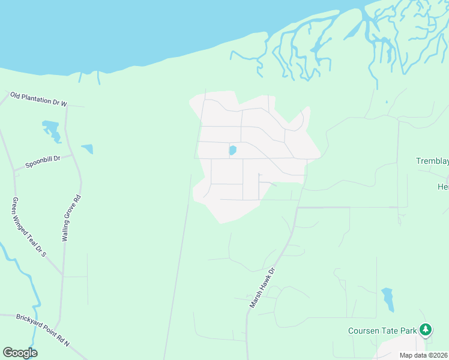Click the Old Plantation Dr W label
coord(38,99)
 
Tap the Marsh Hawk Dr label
coord(262,289)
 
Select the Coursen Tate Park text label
coord(383,331)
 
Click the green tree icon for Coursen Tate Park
coord(426,329)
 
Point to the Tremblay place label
coord(432,161)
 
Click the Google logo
coord(20,353)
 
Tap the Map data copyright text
coord(423,355)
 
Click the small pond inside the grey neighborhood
coord(232,150)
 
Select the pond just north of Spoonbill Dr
coord(52,131)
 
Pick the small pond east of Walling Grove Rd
coord(88,148)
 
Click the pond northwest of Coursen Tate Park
coord(388,299)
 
